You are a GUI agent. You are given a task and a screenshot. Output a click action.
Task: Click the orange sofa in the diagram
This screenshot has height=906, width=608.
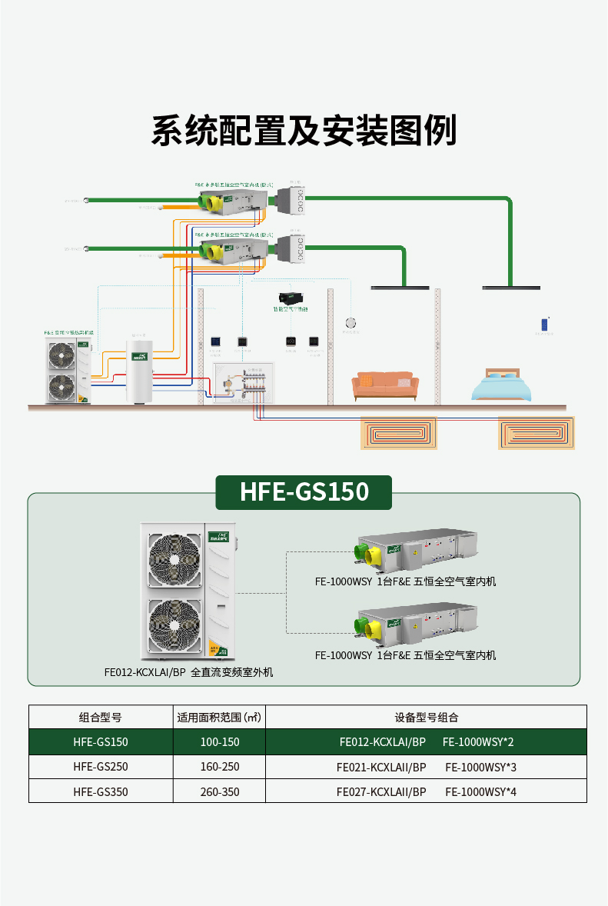384,386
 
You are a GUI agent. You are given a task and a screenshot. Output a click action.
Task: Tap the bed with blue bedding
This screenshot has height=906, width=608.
501,386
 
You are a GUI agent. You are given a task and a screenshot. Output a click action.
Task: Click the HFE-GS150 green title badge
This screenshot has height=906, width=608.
304,492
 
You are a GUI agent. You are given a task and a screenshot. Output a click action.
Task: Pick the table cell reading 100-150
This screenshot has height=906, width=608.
219,743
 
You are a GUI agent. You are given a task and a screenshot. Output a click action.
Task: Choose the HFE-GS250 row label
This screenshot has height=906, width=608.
101,768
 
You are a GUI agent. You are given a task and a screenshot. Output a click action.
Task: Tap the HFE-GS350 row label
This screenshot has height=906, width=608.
101,791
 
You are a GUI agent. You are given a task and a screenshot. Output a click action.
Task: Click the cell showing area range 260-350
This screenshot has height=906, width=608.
219,791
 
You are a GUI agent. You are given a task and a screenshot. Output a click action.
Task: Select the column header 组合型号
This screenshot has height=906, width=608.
101,718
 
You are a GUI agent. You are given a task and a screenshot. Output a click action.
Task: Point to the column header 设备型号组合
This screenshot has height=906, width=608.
426,718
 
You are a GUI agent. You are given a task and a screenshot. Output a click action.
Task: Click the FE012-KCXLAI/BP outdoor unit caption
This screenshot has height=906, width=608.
188,672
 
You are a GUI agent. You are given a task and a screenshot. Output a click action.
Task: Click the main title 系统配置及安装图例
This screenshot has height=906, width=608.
304,131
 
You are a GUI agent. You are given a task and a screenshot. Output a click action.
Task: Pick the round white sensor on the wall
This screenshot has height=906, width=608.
351,323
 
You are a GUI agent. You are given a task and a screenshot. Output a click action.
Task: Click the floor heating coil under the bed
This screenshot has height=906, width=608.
536,434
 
